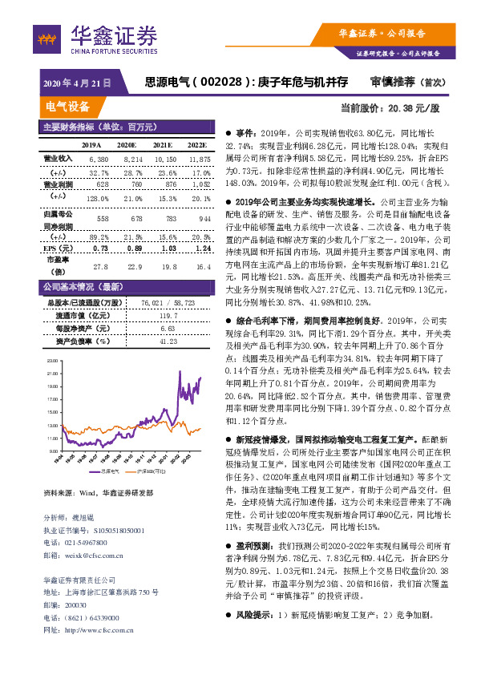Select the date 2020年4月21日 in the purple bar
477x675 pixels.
[76, 83]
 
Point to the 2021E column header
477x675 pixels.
[163, 145]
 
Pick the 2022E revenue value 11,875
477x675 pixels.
[200, 160]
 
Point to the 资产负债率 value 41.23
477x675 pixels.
[168, 341]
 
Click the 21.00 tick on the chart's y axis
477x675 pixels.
[53, 374]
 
